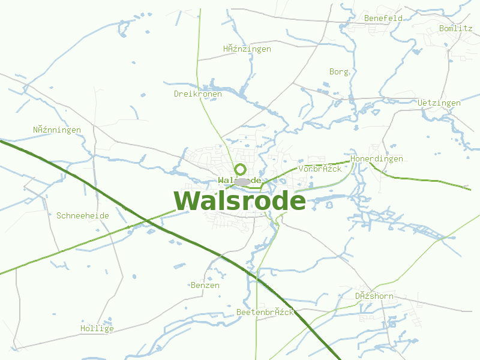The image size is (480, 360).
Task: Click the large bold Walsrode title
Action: tap(239, 201)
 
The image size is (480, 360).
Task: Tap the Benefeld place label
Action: tap(383, 19)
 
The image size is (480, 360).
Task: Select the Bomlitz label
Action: tap(455, 28)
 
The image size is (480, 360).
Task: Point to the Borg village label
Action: tap(338, 71)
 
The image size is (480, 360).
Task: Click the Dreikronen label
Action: tap(197, 94)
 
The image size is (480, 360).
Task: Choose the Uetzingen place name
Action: tap(439, 103)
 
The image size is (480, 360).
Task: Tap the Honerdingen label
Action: tap(376, 158)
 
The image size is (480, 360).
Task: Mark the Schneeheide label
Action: tap(82, 215)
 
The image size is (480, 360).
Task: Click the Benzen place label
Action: tap(205, 286)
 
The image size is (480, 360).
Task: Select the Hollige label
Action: tap(97, 329)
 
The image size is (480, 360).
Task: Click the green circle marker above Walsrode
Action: tap(241, 169)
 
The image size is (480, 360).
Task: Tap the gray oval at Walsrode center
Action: tap(242, 181)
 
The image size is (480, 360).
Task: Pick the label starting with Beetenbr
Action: tap(265, 313)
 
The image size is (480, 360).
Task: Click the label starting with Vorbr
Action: tap(319, 169)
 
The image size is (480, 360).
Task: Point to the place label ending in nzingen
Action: tap(247, 49)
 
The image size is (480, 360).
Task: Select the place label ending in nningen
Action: tap(56, 130)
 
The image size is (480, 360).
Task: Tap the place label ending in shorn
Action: tap(374, 296)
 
